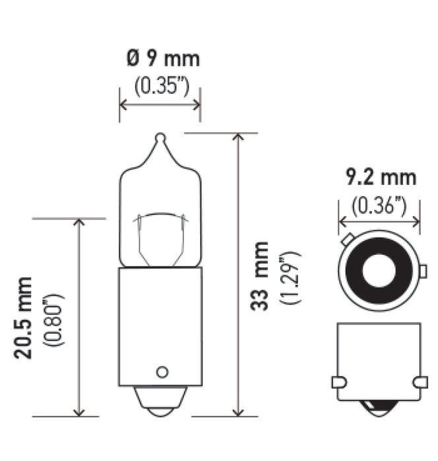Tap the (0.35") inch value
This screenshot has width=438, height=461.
click(159, 86)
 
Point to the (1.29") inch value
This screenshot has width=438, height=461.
click(291, 277)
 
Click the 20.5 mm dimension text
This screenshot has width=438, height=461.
click(25, 317)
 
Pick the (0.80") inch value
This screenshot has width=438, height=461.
click(55, 317)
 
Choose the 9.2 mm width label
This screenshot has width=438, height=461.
click(380, 177)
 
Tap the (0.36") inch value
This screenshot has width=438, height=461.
click(380, 206)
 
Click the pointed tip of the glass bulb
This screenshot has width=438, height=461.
click(158, 138)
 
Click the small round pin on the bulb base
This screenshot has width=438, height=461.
click(160, 371)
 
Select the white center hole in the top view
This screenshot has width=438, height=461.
click(379, 270)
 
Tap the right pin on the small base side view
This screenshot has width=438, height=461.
click(418, 382)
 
